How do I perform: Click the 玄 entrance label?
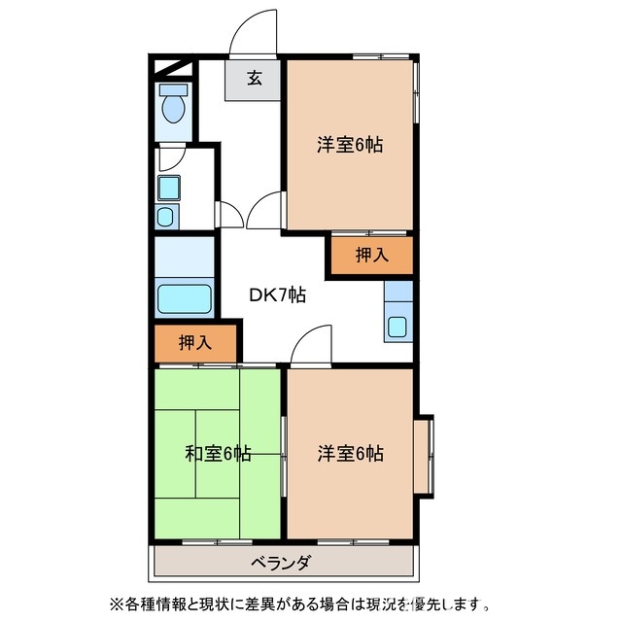tap(254, 80)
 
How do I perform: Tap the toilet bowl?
tap(174, 111)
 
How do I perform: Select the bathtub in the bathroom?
tap(183, 297)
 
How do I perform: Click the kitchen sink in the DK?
tap(398, 326)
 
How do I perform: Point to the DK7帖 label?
tap(280, 294)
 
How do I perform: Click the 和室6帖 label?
tap(219, 453)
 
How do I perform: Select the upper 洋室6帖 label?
tap(349, 146)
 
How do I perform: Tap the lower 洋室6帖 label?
tap(349, 453)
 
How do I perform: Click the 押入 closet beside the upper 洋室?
tap(370, 256)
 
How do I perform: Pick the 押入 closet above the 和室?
tap(195, 342)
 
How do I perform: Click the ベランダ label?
tap(282, 562)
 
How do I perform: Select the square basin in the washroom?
tap(166, 187)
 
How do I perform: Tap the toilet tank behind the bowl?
tap(174, 90)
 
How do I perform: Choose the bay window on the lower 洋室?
tap(425, 454)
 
